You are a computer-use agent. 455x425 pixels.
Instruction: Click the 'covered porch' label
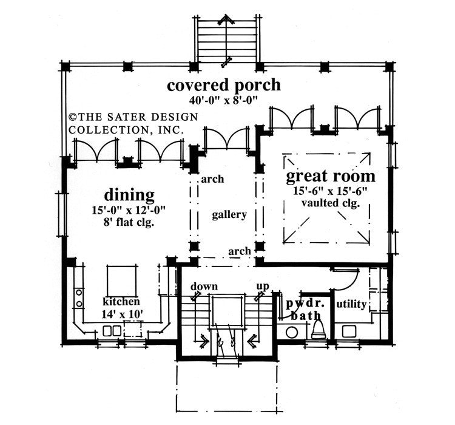click(224, 84)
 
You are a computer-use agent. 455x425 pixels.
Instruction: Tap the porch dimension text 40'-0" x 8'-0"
click(224, 100)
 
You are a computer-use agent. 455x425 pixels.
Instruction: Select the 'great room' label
click(330, 177)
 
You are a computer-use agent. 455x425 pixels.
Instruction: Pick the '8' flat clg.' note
click(129, 223)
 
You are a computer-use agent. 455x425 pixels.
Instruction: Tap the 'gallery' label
click(229, 215)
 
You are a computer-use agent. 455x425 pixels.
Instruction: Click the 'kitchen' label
click(121, 301)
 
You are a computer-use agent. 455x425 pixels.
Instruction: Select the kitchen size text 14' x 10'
click(121, 313)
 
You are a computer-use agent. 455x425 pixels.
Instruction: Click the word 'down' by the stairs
click(204, 286)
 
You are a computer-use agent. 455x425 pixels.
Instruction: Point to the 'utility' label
click(351, 304)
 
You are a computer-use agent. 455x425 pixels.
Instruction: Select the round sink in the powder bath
click(292, 332)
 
